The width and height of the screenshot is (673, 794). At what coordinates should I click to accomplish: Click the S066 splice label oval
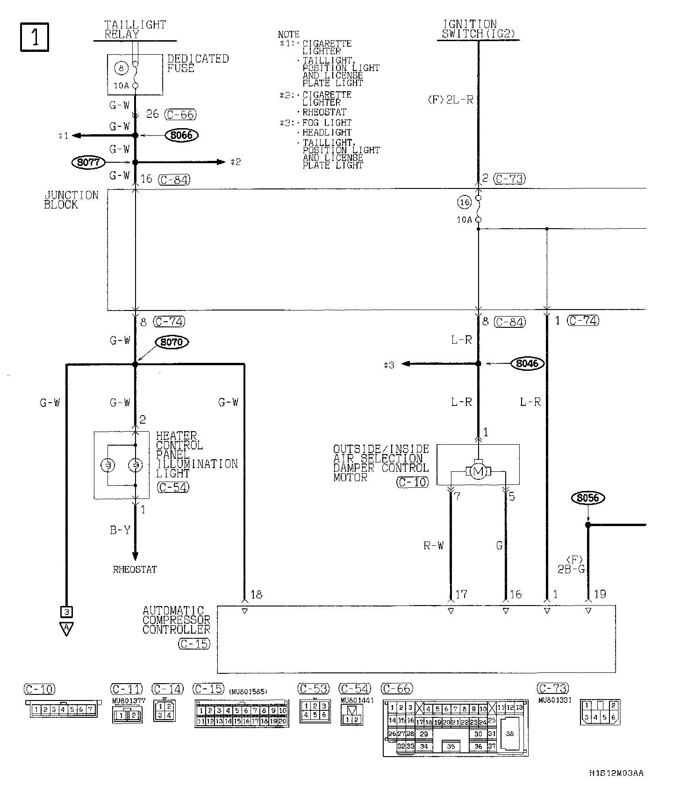coord(181,136)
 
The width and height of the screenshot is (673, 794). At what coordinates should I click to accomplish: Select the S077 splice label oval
coord(88,162)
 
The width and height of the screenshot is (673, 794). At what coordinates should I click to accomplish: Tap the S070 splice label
coord(172,342)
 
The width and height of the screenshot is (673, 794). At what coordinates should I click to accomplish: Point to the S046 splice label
coord(528,363)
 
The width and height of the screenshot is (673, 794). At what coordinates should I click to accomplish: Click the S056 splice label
coord(588,498)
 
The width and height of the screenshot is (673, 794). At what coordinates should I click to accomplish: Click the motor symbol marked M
coord(478,472)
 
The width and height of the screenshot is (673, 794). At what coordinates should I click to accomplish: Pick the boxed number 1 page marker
coord(35,36)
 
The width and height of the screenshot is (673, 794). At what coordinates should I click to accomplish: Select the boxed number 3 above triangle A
coord(67,611)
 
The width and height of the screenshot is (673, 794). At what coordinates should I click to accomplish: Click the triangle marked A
coord(67,628)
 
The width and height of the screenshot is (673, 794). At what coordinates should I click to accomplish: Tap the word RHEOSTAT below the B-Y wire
coord(135,570)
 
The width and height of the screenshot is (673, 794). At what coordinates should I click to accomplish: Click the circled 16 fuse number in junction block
coord(464,202)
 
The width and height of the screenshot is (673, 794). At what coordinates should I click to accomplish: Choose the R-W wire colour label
coord(433,546)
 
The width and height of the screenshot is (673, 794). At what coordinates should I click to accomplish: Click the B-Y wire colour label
coord(120,530)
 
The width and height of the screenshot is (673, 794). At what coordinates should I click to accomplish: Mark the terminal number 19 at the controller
coord(600,594)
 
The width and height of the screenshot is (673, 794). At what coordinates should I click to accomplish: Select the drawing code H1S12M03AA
coord(616,773)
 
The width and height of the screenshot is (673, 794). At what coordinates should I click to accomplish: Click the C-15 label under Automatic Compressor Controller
coord(193,644)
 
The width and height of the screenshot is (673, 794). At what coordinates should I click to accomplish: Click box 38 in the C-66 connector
coord(509,734)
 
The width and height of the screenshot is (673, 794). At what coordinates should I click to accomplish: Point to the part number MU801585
coord(248,692)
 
